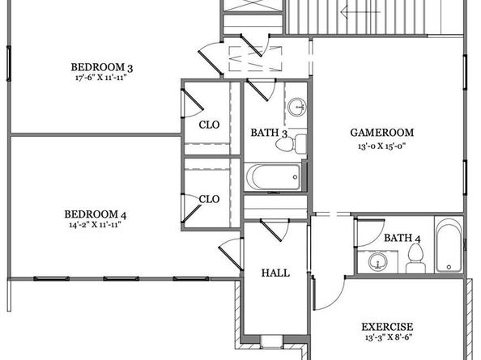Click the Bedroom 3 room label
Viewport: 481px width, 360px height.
pyautogui.click(x=102, y=67)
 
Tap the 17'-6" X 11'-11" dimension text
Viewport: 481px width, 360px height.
pyautogui.click(x=101, y=77)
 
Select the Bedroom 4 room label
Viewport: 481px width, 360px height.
pyautogui.click(x=95, y=214)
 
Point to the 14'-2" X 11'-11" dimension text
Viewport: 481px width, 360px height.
pyautogui.click(x=95, y=225)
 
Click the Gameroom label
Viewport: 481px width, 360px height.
pyautogui.click(x=382, y=133)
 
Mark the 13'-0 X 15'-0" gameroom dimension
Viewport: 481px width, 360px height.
pyautogui.click(x=382, y=146)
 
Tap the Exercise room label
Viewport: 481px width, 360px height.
pyautogui.click(x=387, y=327)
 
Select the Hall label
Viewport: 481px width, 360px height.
pyautogui.click(x=275, y=273)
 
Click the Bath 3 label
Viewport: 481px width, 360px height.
pyautogui.click(x=269, y=133)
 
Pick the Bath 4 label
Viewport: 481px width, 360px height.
pyautogui.click(x=402, y=238)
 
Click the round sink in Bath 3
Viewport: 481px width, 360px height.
pyautogui.click(x=297, y=107)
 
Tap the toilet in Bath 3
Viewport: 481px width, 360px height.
pyautogui.click(x=291, y=144)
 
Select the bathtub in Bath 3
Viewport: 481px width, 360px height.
pyautogui.click(x=273, y=177)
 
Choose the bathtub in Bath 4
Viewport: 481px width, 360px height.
pyautogui.click(x=449, y=245)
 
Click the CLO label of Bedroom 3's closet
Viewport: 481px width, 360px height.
pyautogui.click(x=209, y=125)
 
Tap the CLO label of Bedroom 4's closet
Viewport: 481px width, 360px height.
pyautogui.click(x=209, y=199)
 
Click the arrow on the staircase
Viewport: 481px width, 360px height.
pyautogui.click(x=360, y=12)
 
